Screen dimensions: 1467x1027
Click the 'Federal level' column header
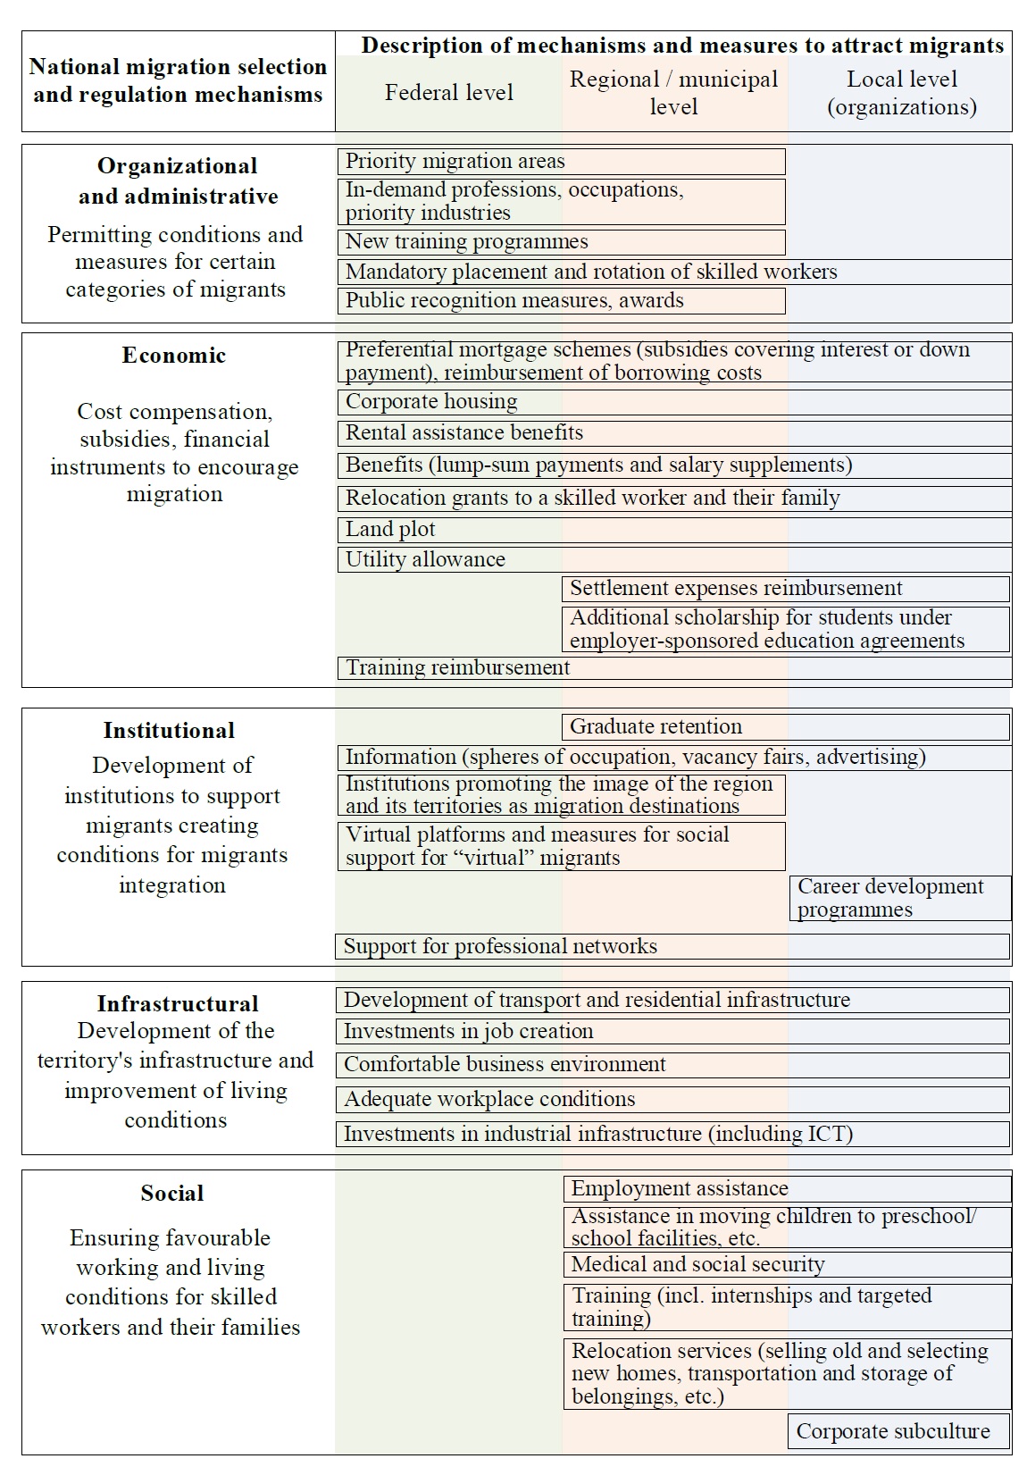coord(449,93)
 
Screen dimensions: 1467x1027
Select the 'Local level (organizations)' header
coord(901,93)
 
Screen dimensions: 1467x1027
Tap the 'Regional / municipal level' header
coord(674,93)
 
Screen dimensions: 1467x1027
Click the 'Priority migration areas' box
coord(561,162)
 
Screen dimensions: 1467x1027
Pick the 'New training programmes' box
coord(561,242)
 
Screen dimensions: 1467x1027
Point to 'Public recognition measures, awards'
coord(561,301)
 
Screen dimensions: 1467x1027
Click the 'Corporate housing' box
coord(674,402)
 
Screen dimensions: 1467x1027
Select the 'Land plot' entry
coord(674,530)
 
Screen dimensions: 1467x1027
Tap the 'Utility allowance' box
coord(674,560)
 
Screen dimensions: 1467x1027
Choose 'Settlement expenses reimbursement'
coord(786,589)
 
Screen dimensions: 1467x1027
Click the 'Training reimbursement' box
coord(674,668)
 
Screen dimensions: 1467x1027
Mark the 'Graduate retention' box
coord(786,727)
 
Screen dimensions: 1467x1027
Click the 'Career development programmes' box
coord(900,898)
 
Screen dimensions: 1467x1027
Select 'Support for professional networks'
coord(672,947)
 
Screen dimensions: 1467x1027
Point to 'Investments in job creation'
coord(672,1032)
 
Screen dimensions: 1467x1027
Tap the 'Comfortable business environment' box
coord(672,1065)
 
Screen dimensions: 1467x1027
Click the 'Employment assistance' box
coord(787,1189)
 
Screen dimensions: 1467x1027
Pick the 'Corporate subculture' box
coord(898,1431)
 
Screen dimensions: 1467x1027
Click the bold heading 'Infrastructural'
coord(178,1003)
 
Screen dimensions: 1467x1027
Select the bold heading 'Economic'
coord(174,356)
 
